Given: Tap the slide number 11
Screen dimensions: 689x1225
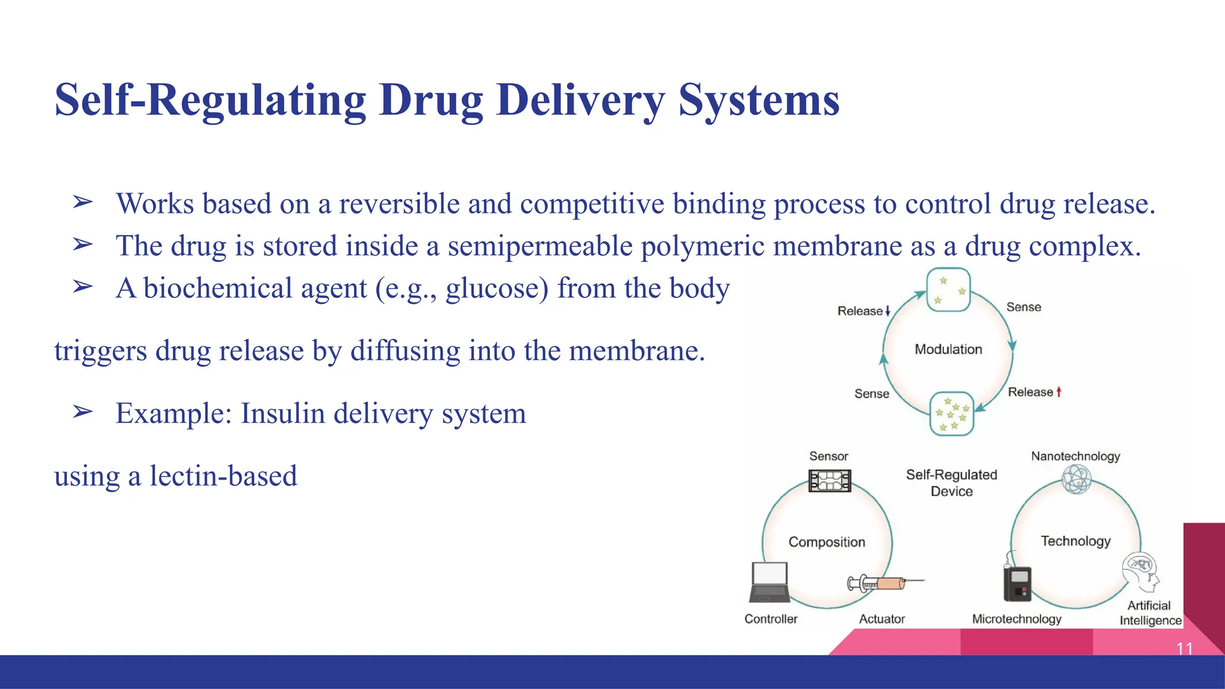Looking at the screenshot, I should click(1184, 648).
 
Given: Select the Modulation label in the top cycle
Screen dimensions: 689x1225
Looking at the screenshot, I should click(948, 349).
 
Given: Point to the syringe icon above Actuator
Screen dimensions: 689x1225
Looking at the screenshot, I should click(885, 583).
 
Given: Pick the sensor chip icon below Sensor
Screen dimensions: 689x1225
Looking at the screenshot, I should click(829, 480).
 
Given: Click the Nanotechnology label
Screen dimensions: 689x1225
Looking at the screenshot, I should click(1075, 456).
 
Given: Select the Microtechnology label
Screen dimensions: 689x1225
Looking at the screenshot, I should click(1016, 619).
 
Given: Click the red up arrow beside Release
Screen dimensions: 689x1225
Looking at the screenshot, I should click(1059, 392).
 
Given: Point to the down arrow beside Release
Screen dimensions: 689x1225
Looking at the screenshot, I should click(888, 311).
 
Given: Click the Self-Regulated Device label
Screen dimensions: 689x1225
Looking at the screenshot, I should click(951, 483).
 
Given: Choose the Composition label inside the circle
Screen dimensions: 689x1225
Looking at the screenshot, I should click(827, 542).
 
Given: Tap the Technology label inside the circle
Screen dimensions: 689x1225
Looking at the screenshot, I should click(1075, 541).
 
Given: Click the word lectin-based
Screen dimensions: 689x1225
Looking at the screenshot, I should click(223, 476).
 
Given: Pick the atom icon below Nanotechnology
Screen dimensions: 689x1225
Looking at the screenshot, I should click(1076, 480).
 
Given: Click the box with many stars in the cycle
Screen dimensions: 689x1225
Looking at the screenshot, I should click(951, 414).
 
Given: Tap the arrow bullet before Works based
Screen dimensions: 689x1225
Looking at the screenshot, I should click(83, 203).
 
